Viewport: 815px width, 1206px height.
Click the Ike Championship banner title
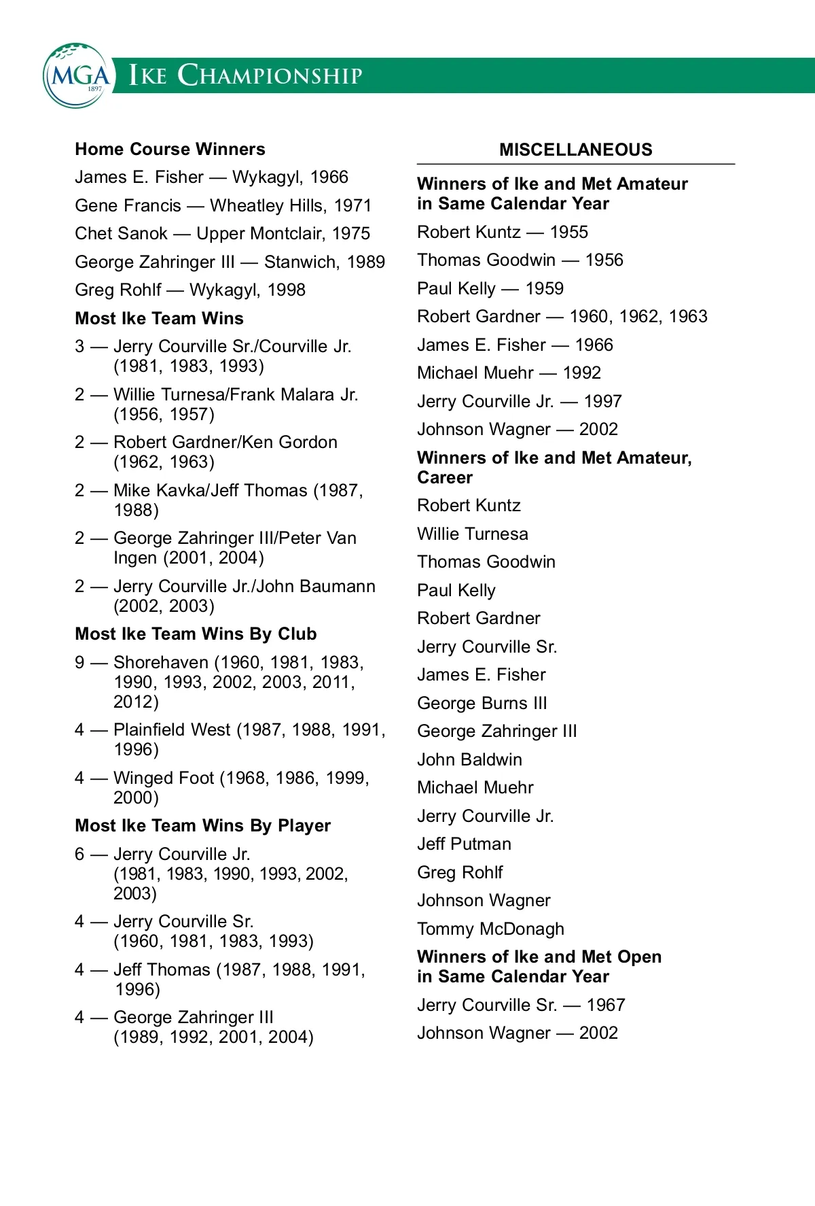point(246,75)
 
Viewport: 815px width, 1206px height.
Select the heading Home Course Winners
point(170,149)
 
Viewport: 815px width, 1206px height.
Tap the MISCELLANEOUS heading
point(575,150)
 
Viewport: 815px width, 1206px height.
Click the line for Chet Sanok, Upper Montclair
point(222,233)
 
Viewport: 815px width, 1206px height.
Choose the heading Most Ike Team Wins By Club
point(196,634)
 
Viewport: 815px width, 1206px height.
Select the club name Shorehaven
point(161,662)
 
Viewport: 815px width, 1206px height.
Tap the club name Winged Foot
point(164,778)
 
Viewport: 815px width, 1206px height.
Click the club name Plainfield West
point(172,729)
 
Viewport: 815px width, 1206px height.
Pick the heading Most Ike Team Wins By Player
point(202,825)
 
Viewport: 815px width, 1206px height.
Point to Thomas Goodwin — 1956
point(520,260)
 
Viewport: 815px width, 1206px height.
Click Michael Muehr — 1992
point(509,373)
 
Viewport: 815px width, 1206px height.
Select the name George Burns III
point(482,703)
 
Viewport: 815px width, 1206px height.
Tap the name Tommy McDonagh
point(490,929)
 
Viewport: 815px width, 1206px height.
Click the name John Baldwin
point(469,759)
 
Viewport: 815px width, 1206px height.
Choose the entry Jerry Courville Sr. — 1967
point(521,1005)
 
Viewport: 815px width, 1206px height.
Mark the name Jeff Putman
point(464,844)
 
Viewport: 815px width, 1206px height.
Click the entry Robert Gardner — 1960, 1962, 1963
point(562,316)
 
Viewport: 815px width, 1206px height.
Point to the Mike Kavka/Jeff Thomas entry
point(238,491)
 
